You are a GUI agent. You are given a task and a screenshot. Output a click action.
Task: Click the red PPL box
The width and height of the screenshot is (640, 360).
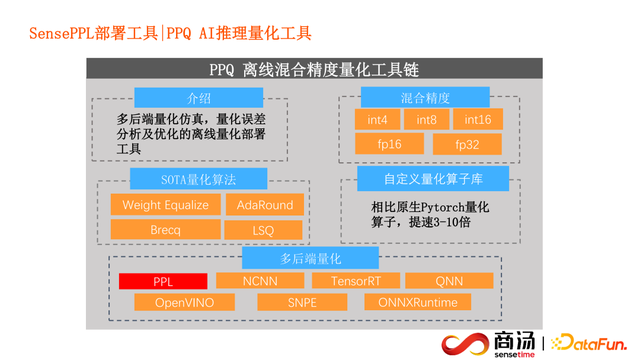[163, 282]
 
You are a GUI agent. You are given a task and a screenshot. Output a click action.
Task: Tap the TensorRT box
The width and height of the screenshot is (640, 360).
[356, 281]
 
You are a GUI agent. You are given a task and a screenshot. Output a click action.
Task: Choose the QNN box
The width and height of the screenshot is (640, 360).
[449, 281]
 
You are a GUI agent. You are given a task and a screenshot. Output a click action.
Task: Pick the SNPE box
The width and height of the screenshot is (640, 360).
[302, 302]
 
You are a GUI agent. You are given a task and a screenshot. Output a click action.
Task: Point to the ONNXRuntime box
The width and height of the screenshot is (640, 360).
[417, 302]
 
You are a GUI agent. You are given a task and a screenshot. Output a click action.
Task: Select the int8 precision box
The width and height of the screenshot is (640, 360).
[427, 120]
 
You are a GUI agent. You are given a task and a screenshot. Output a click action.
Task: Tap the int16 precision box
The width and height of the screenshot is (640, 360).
[477, 120]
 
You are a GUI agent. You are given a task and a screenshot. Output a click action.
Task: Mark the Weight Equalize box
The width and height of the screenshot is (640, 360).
[165, 205]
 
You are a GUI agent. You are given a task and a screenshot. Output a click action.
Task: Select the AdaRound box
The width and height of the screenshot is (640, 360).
[265, 205]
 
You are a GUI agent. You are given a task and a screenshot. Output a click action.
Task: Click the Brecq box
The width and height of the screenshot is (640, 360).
[165, 229]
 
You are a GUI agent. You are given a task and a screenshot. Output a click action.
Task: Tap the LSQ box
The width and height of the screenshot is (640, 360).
[265, 229]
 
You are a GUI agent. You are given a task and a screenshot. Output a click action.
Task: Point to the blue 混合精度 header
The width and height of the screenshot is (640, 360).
[424, 98]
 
